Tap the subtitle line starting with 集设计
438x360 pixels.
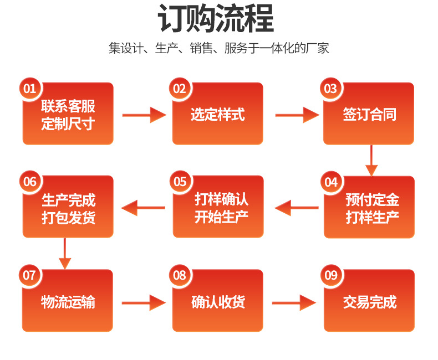(218, 48)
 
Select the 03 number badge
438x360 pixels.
(330, 89)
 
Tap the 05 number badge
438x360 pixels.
(180, 182)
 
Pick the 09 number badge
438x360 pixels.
(331, 275)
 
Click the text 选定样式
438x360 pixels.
(218, 115)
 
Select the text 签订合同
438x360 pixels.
(369, 115)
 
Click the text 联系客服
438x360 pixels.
(68, 106)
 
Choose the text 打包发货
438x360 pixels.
(68, 217)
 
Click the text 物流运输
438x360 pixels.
(68, 302)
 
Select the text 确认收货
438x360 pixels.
(218, 302)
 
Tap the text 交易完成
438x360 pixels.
(369, 302)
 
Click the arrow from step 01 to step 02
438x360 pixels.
(144, 115)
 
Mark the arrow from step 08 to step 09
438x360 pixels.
(294, 302)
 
